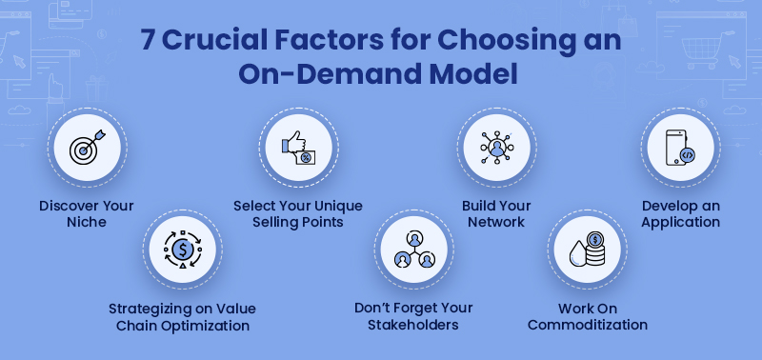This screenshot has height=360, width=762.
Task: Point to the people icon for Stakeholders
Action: [412, 250]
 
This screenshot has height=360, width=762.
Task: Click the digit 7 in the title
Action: [149, 41]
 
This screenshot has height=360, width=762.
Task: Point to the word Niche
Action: [87, 222]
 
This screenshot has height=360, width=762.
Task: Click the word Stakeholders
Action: [413, 325]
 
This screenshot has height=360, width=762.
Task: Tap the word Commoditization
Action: [588, 325]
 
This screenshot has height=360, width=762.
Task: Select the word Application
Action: [680, 222]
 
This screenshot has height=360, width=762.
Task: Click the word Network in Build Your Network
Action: [496, 222]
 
